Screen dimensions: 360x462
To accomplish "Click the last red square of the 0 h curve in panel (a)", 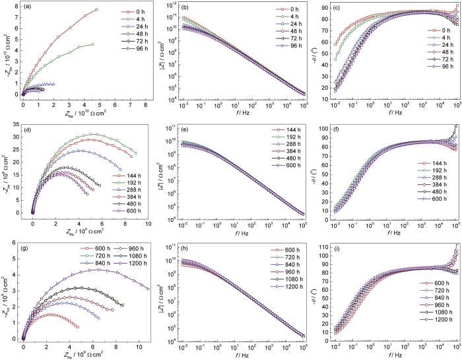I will click(96, 10).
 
